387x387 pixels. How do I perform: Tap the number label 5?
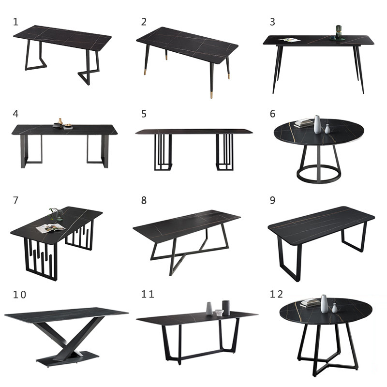144,114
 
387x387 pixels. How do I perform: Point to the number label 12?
276,295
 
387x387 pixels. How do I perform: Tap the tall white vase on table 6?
317,124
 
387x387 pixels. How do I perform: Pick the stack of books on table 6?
304,123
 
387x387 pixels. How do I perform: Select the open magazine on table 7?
50,227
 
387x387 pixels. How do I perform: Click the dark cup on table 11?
226,308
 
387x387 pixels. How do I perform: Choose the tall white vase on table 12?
324,304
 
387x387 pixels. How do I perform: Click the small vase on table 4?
60,122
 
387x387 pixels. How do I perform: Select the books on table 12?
310,303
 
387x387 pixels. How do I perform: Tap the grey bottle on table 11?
209,308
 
